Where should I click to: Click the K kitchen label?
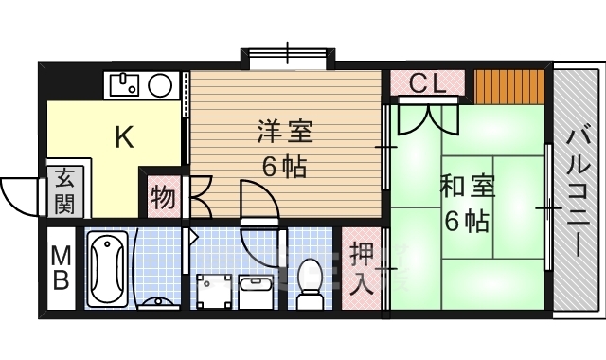(124, 138)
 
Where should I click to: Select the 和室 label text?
(466, 186)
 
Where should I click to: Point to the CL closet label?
(428, 83)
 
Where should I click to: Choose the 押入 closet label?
(362, 267)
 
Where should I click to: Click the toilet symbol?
(310, 281)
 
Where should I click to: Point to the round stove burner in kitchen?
(160, 85)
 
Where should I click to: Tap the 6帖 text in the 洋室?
(284, 168)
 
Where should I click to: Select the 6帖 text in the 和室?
(466, 222)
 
